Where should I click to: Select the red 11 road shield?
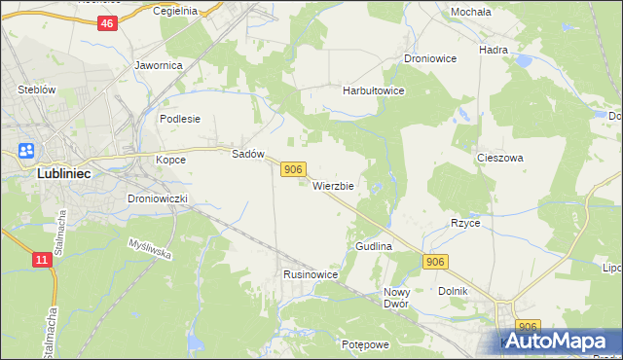pyautogui.click(x=41, y=260)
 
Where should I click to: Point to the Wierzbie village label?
pyautogui.click(x=333, y=185)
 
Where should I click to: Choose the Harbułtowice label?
pyautogui.click(x=373, y=90)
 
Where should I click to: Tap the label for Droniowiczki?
pyautogui.click(x=164, y=198)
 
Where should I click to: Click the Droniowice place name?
pyautogui.click(x=430, y=58)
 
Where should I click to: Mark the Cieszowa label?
pyautogui.click(x=500, y=157)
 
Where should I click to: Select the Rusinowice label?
pyautogui.click(x=311, y=274)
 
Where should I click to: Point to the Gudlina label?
pyautogui.click(x=374, y=247)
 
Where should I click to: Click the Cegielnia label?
pyautogui.click(x=175, y=11)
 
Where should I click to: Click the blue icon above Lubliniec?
pyautogui.click(x=26, y=151)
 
